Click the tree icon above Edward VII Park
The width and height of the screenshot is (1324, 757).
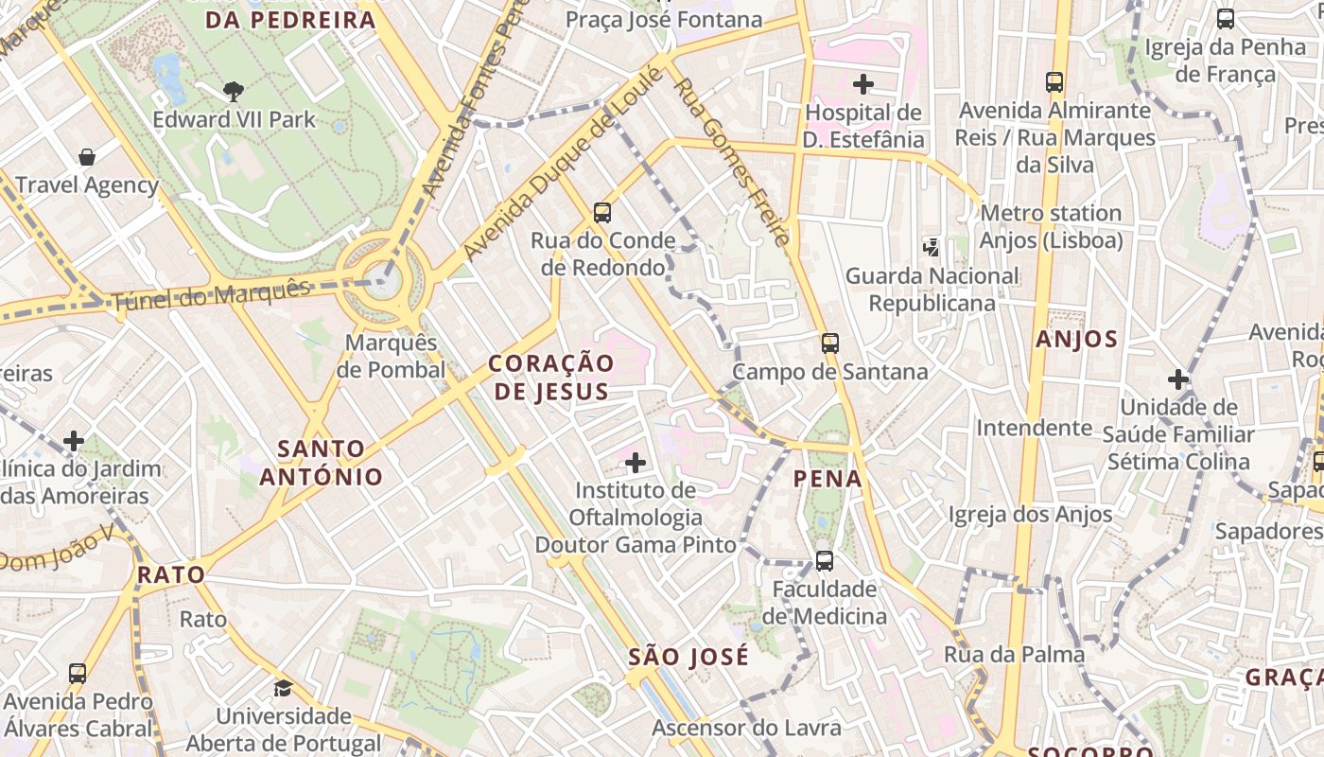click(234, 91)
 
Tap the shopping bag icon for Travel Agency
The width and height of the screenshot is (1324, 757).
click(87, 156)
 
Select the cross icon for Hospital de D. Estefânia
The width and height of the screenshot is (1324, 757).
click(862, 84)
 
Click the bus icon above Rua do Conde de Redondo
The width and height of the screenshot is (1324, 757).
click(602, 212)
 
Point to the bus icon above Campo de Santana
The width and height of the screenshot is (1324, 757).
click(829, 343)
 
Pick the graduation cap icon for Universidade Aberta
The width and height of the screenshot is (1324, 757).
click(283, 688)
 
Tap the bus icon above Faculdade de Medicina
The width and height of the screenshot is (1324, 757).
click(824, 560)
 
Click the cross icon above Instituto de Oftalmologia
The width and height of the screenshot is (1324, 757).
click(636, 462)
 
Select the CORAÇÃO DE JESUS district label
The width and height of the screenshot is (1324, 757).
click(551, 377)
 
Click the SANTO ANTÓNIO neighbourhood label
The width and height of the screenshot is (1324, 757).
click(322, 462)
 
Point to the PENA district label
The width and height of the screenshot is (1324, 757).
click(827, 479)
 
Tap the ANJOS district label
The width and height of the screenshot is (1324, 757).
click(1076, 339)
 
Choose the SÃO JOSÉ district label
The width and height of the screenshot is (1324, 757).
click(688, 656)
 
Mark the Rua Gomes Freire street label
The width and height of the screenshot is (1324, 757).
click(732, 161)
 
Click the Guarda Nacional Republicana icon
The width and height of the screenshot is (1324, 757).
click(931, 248)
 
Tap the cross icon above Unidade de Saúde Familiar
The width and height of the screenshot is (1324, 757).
click(1177, 379)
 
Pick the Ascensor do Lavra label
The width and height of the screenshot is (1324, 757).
click(746, 728)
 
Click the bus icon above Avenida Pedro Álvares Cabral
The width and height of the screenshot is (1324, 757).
click(78, 674)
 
